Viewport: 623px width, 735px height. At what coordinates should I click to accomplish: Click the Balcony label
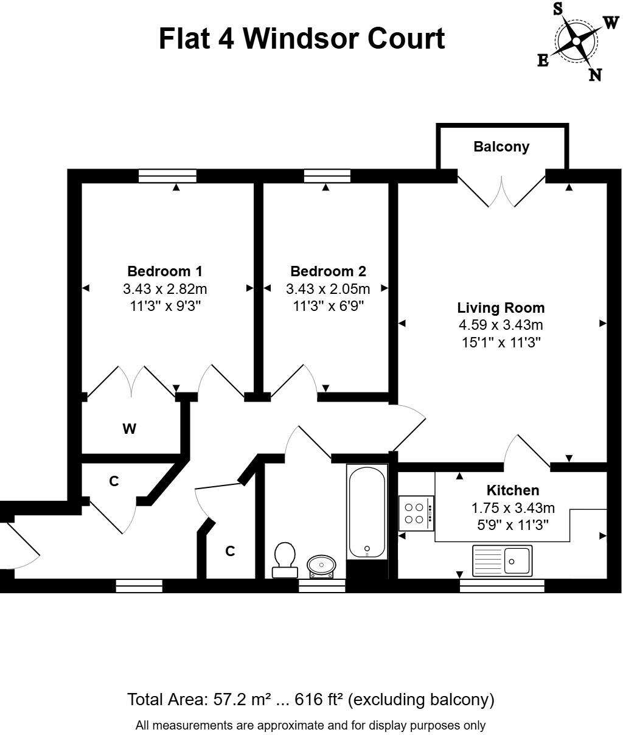(501, 147)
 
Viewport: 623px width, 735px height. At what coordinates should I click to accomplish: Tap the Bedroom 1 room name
(165, 271)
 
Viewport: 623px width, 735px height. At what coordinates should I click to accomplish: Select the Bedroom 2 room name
(328, 271)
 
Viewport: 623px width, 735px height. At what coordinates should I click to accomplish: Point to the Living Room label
(501, 308)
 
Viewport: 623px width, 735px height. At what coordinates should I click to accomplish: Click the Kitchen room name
(512, 490)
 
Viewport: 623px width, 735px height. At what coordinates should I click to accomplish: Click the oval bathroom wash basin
(321, 565)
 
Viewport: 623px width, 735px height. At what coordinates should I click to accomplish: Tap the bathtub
(366, 511)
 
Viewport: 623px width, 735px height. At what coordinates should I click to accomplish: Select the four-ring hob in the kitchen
(416, 513)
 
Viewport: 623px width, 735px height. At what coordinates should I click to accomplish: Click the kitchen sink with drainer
(502, 560)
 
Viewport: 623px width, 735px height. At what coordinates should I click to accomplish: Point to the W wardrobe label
(129, 429)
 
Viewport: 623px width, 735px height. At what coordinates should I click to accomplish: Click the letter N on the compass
(594, 75)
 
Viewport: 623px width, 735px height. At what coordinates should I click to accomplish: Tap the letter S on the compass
(557, 9)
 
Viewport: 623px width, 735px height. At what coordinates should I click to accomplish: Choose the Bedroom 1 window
(167, 176)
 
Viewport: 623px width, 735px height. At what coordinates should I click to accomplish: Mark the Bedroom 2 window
(327, 176)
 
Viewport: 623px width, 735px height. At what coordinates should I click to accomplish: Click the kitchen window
(501, 585)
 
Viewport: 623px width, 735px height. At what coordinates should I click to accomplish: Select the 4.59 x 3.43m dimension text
(501, 325)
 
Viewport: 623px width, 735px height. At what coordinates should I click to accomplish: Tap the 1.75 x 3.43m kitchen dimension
(512, 507)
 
